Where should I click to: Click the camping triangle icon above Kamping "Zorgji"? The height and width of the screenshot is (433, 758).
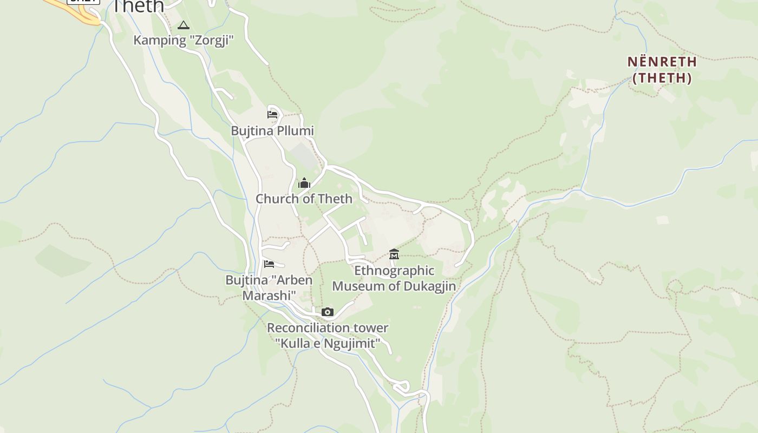pos(184,25)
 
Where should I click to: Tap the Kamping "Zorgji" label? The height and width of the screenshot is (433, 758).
pos(184,40)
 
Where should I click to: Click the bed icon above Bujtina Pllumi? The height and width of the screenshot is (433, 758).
pos(272,114)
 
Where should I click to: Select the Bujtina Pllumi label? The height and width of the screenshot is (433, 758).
pos(272,131)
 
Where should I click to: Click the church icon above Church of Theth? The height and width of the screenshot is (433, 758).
pos(304,183)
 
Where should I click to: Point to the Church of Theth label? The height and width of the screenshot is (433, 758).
pos(304,199)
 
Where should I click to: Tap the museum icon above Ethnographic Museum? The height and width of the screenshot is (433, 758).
pos(394,253)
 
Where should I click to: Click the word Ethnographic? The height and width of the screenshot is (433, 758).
pos(394,270)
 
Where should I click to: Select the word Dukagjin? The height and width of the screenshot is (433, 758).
pos(424,286)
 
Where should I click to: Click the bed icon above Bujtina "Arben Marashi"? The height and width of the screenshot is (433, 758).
pos(269,264)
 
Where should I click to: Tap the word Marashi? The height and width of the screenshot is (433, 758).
pos(269,296)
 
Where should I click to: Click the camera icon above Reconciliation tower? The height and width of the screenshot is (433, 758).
pos(327,312)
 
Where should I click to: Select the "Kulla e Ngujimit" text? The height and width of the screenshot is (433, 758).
pos(328,343)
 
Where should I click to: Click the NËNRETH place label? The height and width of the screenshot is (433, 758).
pos(662,62)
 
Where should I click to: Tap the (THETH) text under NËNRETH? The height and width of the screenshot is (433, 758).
pos(662,78)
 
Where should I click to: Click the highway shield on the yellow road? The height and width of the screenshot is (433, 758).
pos(83,2)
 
